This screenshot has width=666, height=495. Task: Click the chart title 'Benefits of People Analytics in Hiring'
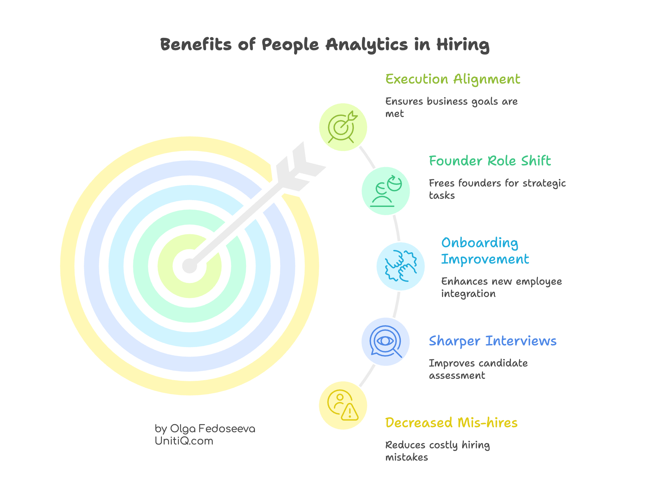(324, 45)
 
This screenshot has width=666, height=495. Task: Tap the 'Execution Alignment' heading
(453, 79)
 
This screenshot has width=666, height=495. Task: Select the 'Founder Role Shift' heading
(490, 161)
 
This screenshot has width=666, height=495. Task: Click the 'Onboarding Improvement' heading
(485, 251)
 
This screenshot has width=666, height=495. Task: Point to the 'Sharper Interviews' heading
(493, 341)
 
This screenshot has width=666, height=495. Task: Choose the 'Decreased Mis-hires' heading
(451, 423)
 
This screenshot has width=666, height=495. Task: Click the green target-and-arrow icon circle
(343, 127)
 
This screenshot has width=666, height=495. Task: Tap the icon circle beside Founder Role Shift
(386, 191)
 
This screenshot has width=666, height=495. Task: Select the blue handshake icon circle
(400, 266)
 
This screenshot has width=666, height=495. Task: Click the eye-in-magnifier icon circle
(385, 342)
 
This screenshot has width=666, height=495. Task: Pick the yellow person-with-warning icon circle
(343, 405)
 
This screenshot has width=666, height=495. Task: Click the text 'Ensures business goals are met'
(451, 107)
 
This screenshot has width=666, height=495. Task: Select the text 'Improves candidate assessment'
(478, 369)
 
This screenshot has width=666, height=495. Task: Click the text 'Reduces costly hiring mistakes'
(437, 451)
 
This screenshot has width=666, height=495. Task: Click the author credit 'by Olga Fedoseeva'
(205, 429)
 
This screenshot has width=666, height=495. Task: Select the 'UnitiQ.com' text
(184, 441)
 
